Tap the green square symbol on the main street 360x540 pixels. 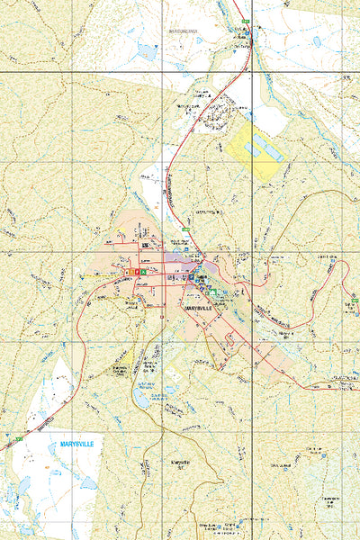(x=142, y=272)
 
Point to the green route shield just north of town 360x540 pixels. (x=184, y=231)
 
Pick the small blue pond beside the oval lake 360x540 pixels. (x=168, y=390)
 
